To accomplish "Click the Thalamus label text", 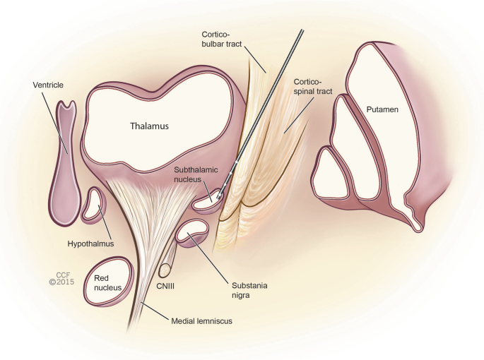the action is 149,126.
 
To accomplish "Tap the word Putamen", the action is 382,109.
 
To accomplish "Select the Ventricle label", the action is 48,85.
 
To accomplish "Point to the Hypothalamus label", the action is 90,244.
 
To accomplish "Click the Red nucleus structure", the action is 109,282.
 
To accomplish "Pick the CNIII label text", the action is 165,287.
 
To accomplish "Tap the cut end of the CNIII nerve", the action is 165,270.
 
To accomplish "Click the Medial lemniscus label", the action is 201,321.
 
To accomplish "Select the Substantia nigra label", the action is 249,290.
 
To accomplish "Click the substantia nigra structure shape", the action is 192,233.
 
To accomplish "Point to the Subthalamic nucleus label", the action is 196,174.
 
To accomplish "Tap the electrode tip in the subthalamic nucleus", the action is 218,196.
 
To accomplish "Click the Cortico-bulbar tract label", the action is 222,39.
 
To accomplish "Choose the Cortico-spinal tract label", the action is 313,87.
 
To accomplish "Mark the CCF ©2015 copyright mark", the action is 61,278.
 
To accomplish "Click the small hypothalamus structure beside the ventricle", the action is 93,205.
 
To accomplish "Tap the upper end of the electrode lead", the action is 302,31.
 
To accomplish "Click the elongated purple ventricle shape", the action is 65,164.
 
